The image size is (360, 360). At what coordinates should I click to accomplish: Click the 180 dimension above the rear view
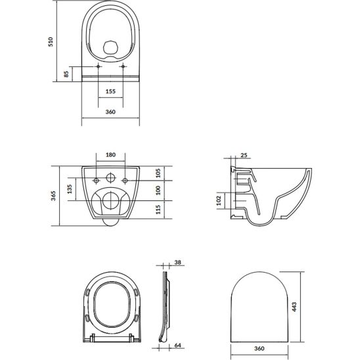110,155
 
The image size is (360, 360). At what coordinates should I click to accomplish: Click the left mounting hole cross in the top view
98,68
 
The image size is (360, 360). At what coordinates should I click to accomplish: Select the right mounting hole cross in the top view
124,68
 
